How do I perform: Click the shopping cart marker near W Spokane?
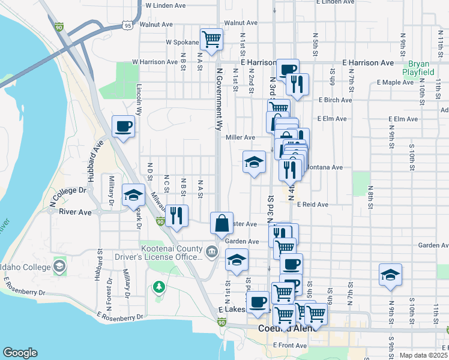click(x=212, y=40)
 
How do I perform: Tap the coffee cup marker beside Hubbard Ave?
click(x=124, y=127)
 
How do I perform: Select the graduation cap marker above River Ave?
click(x=133, y=195)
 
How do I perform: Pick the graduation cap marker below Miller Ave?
click(x=254, y=161)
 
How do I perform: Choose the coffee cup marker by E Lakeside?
click(x=258, y=302)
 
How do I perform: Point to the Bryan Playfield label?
click(x=421, y=68)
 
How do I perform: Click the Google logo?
click(x=20, y=353)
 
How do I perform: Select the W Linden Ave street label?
click(x=166, y=5)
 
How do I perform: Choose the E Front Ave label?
click(x=289, y=346)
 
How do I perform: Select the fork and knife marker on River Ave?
click(x=176, y=215)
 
